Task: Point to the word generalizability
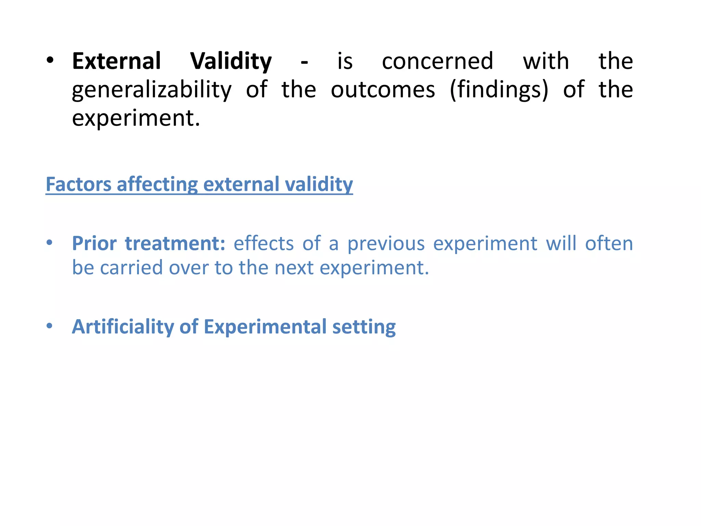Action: pos(152,90)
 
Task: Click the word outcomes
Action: pos(383,90)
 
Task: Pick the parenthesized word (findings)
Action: pos(499,90)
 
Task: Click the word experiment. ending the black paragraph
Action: pos(136,118)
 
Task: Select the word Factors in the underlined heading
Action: pos(78,184)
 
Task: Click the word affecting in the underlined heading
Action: pos(157,184)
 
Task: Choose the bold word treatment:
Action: pos(175,243)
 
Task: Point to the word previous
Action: pos(386,243)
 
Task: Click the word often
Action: pos(609,243)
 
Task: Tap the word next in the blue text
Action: pos(294,267)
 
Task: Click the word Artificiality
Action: pos(123,327)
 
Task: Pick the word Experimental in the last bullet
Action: pos(265,327)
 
